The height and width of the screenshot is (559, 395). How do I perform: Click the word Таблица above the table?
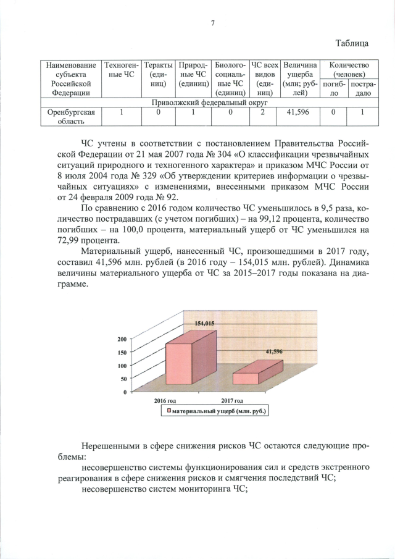352,43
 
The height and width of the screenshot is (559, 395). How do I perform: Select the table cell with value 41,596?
301,113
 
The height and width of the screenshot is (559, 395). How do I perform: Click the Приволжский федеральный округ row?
204,103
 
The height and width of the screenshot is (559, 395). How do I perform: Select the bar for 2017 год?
253,376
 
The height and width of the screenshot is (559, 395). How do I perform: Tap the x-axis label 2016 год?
165,400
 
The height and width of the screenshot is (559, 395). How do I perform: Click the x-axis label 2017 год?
231,400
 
